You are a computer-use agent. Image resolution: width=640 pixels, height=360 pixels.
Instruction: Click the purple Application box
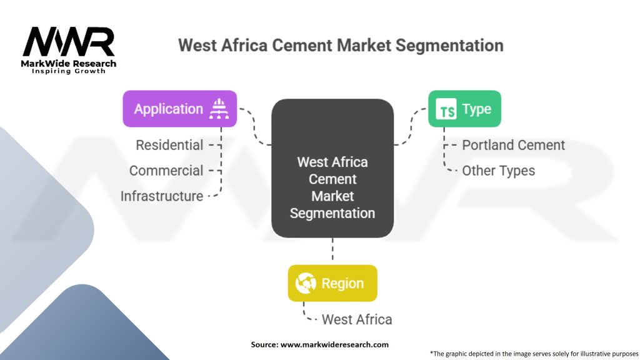pyautogui.click(x=179, y=109)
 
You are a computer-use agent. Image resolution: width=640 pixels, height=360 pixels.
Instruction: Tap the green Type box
pyautogui.click(x=464, y=109)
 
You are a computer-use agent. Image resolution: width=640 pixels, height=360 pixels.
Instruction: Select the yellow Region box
pyautogui.click(x=332, y=283)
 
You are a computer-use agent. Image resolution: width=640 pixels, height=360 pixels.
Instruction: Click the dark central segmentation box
pyautogui.click(x=332, y=168)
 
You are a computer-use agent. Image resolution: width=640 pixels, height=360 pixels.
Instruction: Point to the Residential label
pyautogui.click(x=169, y=145)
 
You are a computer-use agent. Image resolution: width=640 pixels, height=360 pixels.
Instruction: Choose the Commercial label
pyautogui.click(x=166, y=171)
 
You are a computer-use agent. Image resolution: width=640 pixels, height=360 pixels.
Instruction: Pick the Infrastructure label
pyautogui.click(x=162, y=196)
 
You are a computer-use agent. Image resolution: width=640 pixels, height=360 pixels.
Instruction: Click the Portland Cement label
pyautogui.click(x=514, y=145)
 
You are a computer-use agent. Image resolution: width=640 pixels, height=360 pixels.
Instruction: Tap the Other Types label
pyautogui.click(x=498, y=171)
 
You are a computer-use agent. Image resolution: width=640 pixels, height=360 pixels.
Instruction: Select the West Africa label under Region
pyautogui.click(x=357, y=319)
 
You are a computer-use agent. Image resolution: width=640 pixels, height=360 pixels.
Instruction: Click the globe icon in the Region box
pyautogui.click(x=306, y=283)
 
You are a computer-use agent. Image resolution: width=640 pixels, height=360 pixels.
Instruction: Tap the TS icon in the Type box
pyautogui.click(x=446, y=109)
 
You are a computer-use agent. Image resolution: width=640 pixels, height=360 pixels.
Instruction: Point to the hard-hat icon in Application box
pyautogui.click(x=219, y=109)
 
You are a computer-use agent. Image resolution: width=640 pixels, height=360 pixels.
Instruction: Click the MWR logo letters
pyautogui.click(x=69, y=42)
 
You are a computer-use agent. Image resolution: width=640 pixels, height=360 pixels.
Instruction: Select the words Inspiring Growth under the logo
pyautogui.click(x=69, y=71)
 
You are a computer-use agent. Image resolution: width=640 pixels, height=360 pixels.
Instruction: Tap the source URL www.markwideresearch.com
pyautogui.click(x=334, y=344)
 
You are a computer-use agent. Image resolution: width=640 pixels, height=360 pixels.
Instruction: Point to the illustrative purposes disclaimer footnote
pyautogui.click(x=534, y=354)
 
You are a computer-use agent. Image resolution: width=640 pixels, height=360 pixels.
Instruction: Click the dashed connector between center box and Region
pyautogui.click(x=332, y=249)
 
